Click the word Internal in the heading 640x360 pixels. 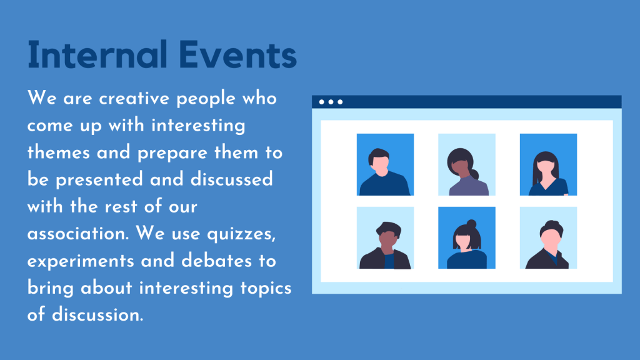97,54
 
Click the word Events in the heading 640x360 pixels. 237,54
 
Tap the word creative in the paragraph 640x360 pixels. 134,98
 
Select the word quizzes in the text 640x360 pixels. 241,234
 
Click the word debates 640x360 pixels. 216,261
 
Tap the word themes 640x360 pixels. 58,152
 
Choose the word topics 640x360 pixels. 266,288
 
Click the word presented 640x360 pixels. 99,180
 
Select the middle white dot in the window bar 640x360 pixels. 331,102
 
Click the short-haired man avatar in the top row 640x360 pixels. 385,164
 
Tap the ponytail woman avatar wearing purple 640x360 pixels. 466,164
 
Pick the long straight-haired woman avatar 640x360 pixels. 548,164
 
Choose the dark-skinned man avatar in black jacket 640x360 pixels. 385,237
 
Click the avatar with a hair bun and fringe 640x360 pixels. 466,237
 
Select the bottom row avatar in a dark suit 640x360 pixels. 548,237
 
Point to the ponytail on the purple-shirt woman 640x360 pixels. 474,175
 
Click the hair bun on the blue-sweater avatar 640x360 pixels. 471,224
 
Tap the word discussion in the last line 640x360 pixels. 97,315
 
